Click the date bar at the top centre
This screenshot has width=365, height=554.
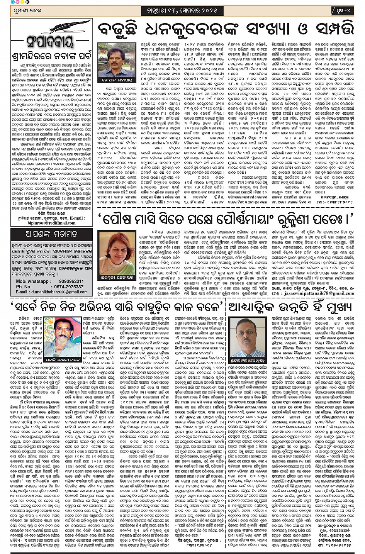(x=182, y=10)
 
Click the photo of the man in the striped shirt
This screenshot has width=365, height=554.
(x=113, y=59)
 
